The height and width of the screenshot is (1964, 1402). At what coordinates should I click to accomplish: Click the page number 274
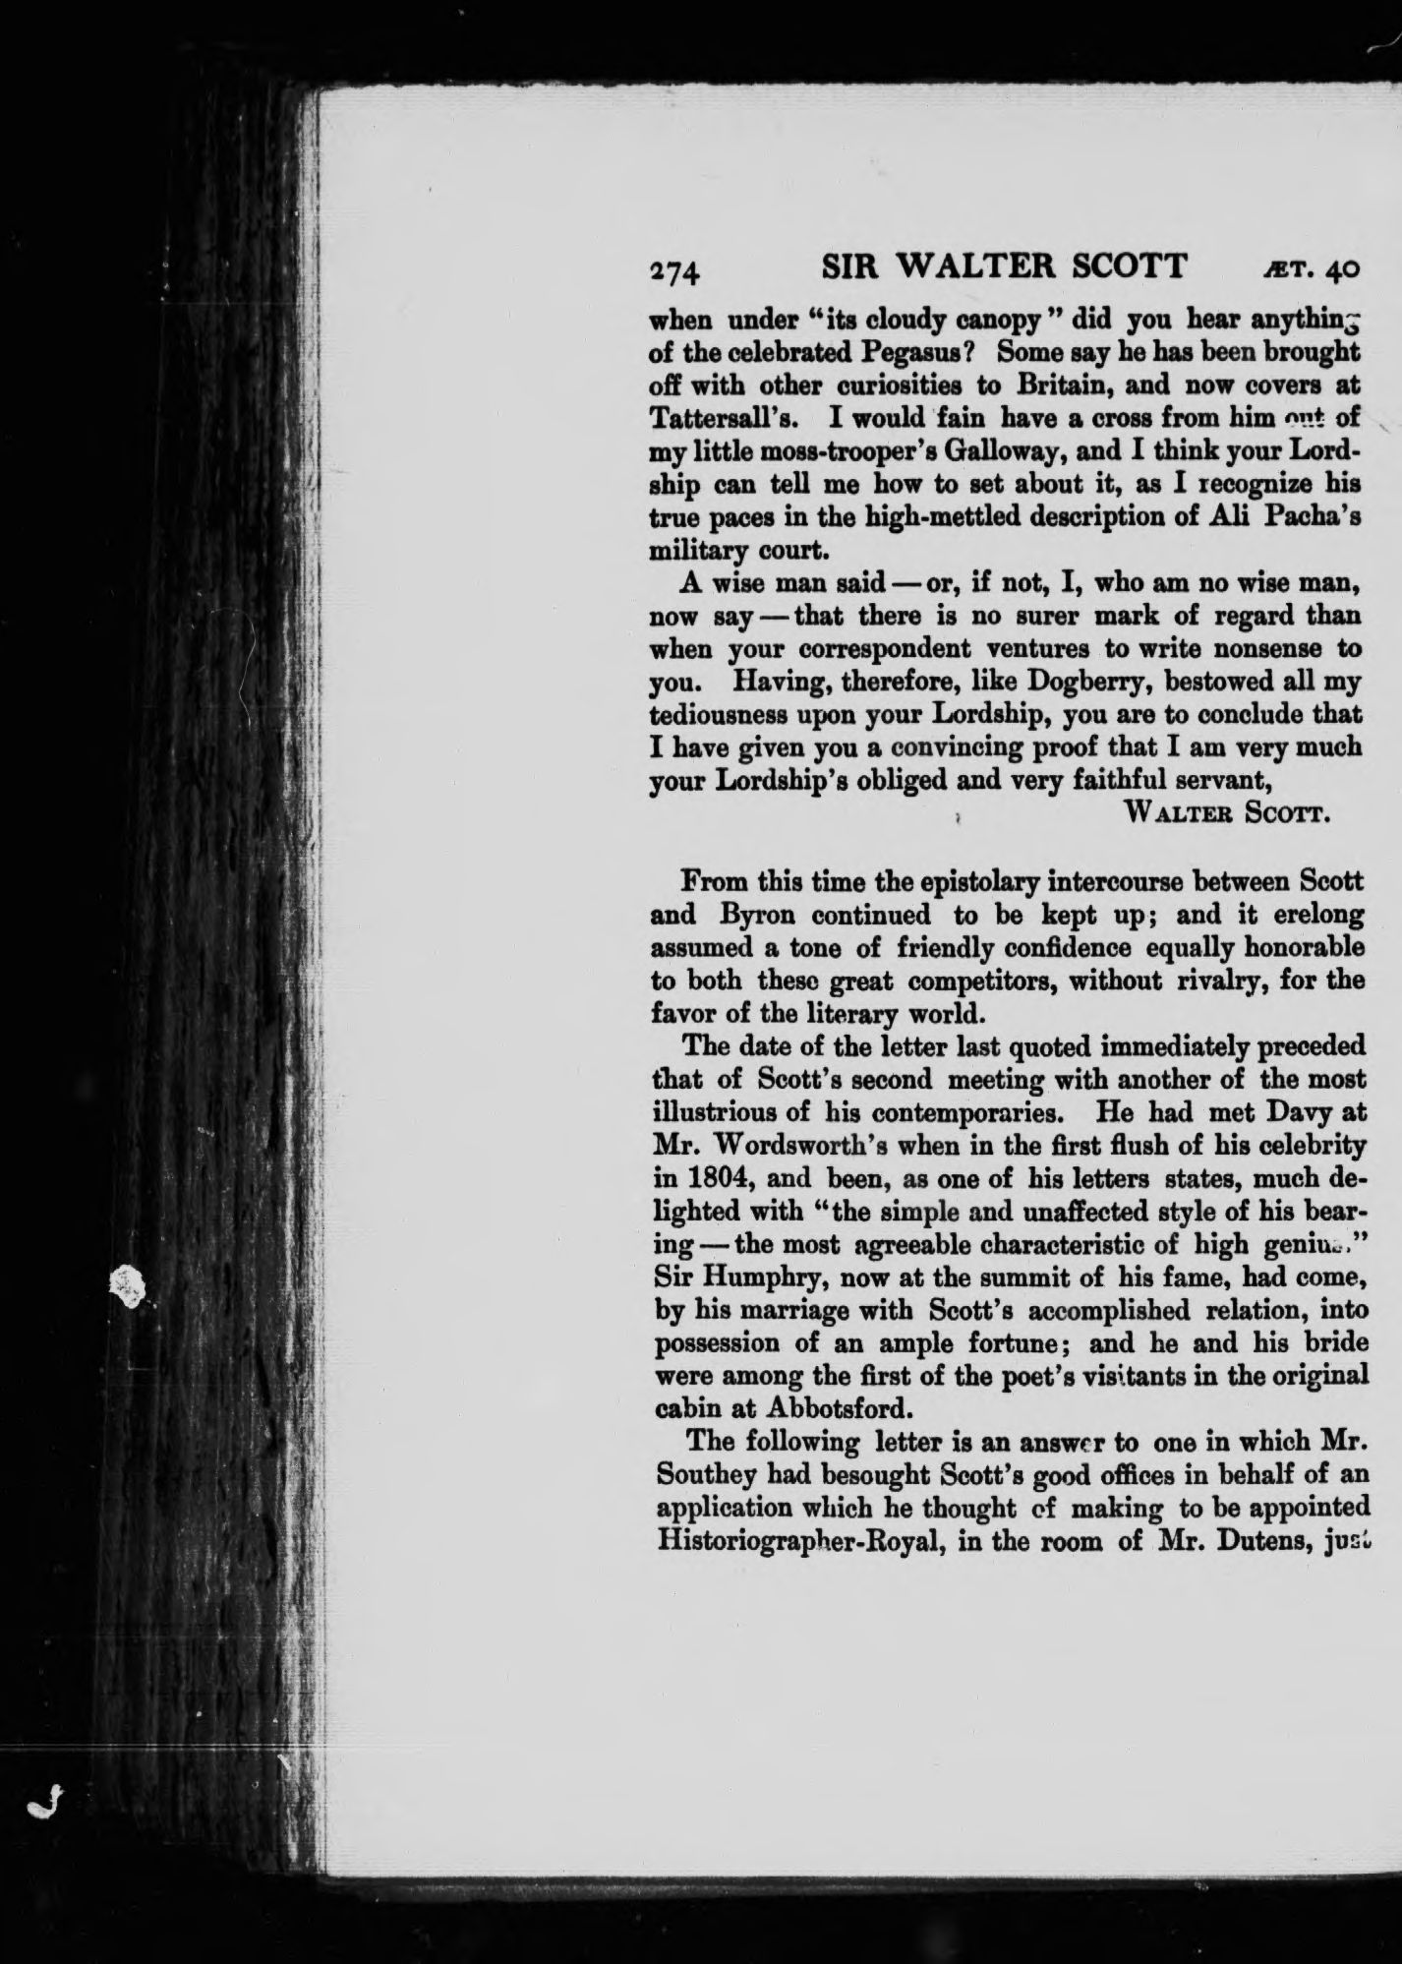tap(673, 269)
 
